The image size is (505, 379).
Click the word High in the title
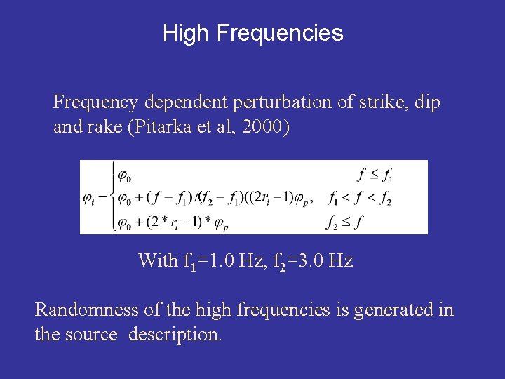(187, 33)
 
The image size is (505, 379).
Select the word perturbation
(273, 102)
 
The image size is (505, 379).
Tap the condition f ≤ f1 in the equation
(375, 173)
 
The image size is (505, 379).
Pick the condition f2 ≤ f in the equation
(344, 223)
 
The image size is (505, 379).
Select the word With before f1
(159, 261)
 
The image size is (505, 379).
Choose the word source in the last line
(92, 335)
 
